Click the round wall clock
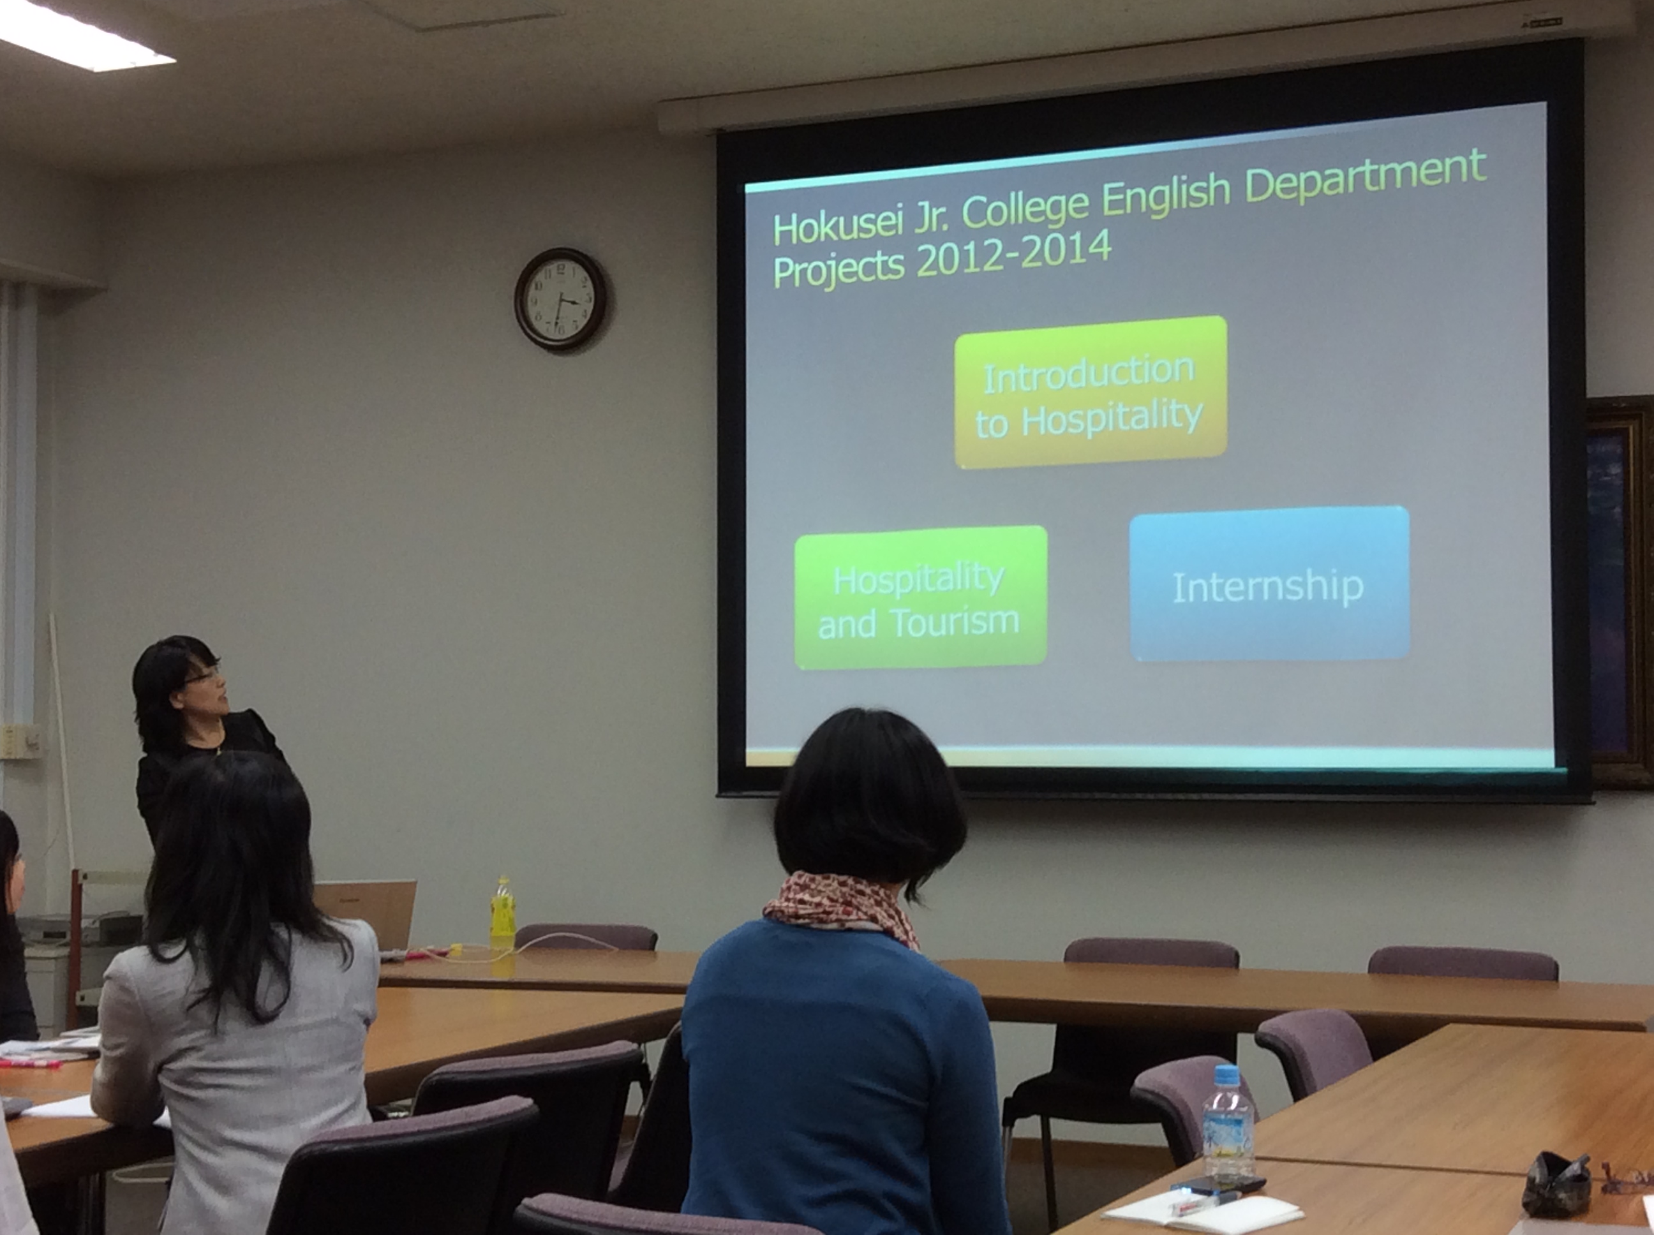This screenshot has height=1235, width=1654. [x=561, y=300]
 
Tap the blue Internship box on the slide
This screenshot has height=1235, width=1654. [x=1270, y=584]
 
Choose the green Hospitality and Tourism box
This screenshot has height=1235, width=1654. [x=920, y=597]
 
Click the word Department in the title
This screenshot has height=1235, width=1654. [x=1366, y=179]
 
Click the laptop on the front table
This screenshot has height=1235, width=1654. [x=366, y=914]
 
